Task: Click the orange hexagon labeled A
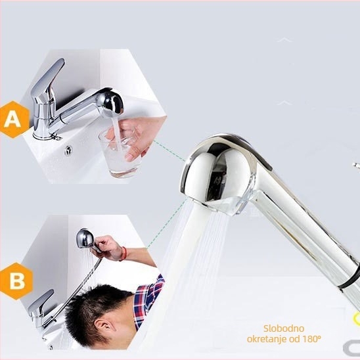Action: tap(14, 120)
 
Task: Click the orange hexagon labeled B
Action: tap(16, 281)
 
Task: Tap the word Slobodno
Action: tap(284, 328)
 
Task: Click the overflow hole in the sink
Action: tap(68, 150)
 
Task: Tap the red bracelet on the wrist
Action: tap(124, 254)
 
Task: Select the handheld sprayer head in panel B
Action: tap(85, 238)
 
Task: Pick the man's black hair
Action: tap(97, 303)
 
